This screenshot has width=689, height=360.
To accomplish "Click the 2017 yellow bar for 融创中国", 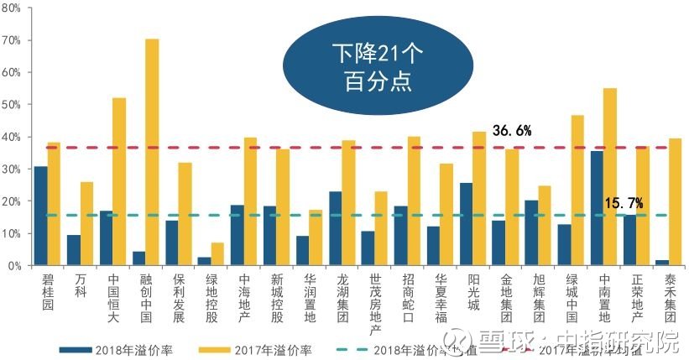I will pyautogui.click(x=152, y=152).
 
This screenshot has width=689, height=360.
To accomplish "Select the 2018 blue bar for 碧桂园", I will pyautogui.click(x=40, y=216).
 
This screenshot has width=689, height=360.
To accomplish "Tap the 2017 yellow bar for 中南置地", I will pyautogui.click(x=610, y=176).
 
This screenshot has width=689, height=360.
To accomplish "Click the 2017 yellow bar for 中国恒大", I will pyautogui.click(x=119, y=181).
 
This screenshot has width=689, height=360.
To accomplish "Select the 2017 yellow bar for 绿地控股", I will pyautogui.click(x=217, y=254).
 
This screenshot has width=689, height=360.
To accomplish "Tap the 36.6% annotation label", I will pyautogui.click(x=512, y=130).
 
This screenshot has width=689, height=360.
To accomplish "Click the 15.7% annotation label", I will pyautogui.click(x=623, y=203).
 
